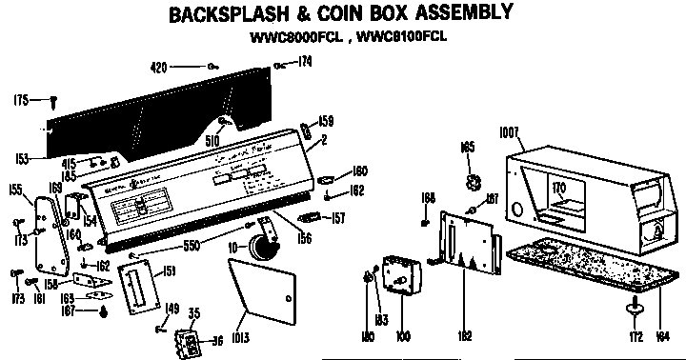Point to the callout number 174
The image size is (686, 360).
[x=304, y=64]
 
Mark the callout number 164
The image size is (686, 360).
[x=663, y=335]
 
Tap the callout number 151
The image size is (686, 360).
[x=170, y=271]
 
